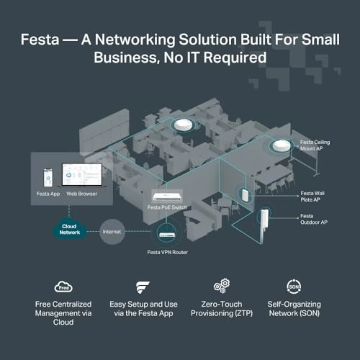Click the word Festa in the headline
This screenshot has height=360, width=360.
pyautogui.click(x=40, y=40)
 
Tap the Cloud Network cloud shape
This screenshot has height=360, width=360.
pyautogui.click(x=70, y=229)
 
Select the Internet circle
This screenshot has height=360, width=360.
pyautogui.click(x=112, y=232)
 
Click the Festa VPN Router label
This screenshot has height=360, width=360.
pyautogui.click(x=168, y=252)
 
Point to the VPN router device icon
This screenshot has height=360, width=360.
pyautogui.click(x=166, y=235)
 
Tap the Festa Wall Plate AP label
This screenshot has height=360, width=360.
pyautogui.click(x=312, y=197)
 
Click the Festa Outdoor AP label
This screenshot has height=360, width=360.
pyautogui.click(x=314, y=219)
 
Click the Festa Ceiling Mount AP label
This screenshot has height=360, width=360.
pyautogui.click(x=315, y=145)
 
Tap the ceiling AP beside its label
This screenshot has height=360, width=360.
pyautogui.click(x=282, y=145)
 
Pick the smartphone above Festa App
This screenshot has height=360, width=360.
pyautogui.click(x=48, y=178)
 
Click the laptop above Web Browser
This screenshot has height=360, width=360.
pyautogui.click(x=82, y=175)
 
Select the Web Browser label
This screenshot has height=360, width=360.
pyautogui.click(x=82, y=194)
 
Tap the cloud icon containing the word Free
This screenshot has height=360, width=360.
pyautogui.click(x=63, y=287)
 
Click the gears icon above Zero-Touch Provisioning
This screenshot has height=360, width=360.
pyautogui.click(x=222, y=286)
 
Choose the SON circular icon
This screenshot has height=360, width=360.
pyautogui.click(x=294, y=287)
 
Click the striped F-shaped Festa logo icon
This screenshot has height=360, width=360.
pyautogui.click(x=143, y=287)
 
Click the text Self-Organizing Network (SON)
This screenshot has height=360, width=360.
pyautogui.click(x=294, y=309)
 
